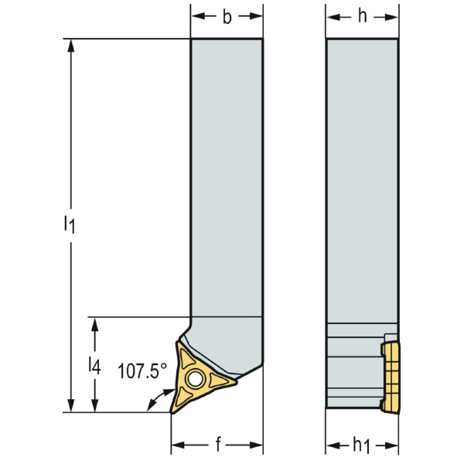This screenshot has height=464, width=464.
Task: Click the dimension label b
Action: (227, 17)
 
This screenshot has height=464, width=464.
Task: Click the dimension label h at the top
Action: (362, 17)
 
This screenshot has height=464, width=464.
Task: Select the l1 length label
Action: (69, 225)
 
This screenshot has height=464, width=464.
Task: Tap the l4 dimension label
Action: (94, 366)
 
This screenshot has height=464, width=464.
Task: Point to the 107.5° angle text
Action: (142, 371)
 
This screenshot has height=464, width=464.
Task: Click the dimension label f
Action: (219, 445)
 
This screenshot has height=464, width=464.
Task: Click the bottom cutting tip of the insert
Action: (173, 411)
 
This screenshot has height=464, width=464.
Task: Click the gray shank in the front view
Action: (227, 178)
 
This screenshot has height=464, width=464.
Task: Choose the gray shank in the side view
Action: (362, 178)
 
